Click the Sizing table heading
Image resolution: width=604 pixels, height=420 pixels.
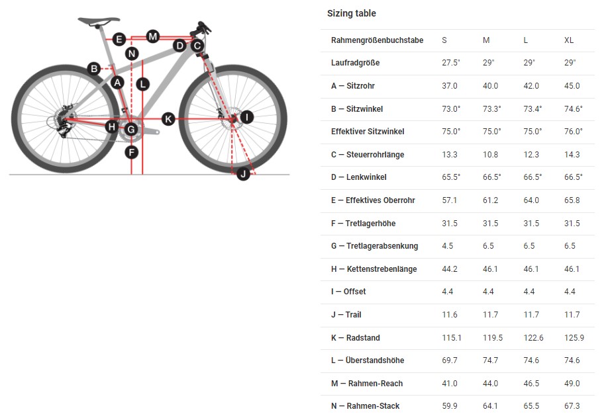[351, 13]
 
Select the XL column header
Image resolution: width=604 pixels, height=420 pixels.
[569, 40]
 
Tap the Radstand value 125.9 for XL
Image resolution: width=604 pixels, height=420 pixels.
[574, 338]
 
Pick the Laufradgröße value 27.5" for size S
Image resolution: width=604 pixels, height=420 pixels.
[451, 63]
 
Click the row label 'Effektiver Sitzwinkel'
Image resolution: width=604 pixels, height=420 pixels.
[368, 132]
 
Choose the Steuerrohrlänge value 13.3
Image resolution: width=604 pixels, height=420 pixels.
[450, 155]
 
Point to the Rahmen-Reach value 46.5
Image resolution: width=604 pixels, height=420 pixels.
[531, 384]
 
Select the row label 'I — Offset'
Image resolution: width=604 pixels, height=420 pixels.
[348, 292]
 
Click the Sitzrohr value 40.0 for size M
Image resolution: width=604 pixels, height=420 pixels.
[490, 86]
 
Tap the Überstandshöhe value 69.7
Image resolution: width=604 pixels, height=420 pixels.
[450, 360]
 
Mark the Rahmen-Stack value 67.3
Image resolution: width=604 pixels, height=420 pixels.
[572, 406]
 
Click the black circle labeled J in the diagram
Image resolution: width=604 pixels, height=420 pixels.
[243, 174]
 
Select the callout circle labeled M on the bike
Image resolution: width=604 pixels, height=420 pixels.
[153, 36]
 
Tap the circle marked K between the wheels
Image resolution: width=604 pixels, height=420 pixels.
[168, 119]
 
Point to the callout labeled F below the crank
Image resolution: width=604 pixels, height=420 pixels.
[132, 153]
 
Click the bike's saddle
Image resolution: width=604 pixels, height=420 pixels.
[99, 21]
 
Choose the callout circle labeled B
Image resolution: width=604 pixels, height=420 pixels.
[94, 69]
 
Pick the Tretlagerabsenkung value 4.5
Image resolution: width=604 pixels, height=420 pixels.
[447, 246]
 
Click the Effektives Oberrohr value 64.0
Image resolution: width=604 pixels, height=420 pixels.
[531, 200]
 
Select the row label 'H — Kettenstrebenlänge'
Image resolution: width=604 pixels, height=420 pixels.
[374, 269]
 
